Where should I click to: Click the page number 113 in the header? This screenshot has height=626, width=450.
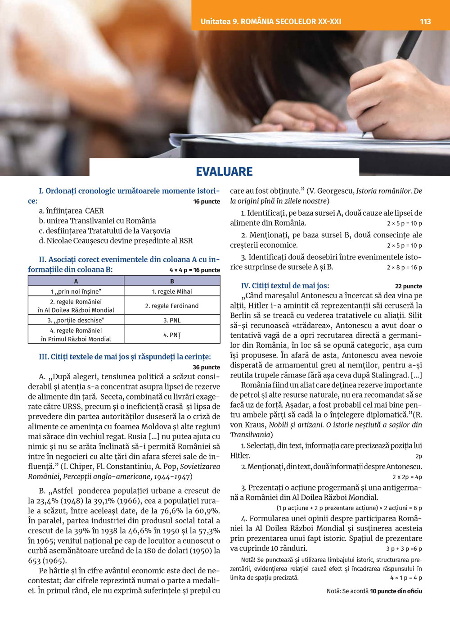425,21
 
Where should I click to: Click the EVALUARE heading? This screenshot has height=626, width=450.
224,172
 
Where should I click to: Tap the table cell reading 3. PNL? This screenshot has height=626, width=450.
172,320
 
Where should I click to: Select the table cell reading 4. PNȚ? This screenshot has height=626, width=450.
172,335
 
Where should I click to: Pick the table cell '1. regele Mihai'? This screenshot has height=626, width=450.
172,291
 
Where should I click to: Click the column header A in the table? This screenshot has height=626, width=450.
76,281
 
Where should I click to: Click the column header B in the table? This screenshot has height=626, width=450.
172,281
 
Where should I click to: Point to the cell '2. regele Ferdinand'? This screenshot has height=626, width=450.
172,306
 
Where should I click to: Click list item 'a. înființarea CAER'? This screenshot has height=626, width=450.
71,211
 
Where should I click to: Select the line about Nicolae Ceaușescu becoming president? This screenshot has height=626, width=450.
116,240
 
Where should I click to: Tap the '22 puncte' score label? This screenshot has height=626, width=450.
408,286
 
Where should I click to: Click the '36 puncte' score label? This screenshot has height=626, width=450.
206,367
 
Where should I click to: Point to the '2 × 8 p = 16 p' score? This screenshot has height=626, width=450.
404,268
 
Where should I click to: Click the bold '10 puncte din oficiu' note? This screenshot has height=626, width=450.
396,591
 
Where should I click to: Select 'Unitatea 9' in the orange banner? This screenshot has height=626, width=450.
219,21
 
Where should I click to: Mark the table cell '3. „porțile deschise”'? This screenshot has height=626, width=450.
76,320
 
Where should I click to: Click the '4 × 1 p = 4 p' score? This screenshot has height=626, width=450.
406,578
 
